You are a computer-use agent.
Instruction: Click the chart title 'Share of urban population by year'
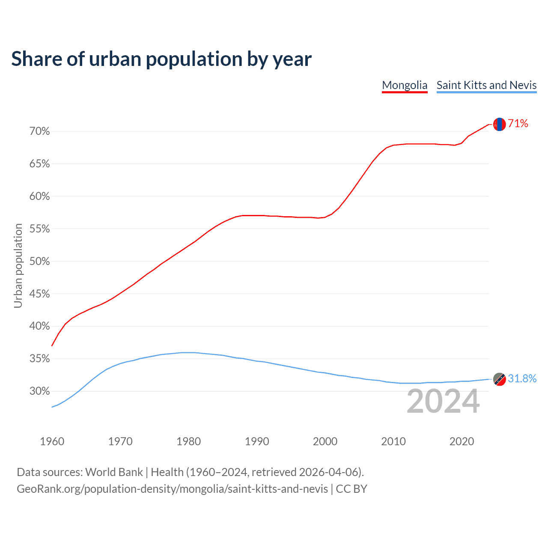tap(161, 59)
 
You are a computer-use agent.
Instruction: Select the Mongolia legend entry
tap(405, 85)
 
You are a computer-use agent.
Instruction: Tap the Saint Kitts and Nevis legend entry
tap(486, 85)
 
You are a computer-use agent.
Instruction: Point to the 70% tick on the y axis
tap(40, 131)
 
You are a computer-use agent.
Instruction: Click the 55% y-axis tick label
tap(40, 229)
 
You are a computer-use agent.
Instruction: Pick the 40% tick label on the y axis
tap(40, 326)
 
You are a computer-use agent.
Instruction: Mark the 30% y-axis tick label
tap(40, 391)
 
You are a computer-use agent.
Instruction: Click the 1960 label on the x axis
tap(52, 441)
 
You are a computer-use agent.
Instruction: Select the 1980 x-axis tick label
tap(188, 441)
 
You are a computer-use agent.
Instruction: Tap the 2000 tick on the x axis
tap(325, 441)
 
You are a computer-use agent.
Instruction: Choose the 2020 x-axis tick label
tap(462, 441)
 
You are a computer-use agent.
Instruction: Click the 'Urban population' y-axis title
tap(18, 265)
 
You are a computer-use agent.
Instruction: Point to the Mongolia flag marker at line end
tap(499, 124)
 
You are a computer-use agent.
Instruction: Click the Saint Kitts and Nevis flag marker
tap(499, 379)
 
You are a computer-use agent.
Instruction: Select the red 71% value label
tap(518, 124)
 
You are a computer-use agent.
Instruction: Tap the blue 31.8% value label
tap(522, 379)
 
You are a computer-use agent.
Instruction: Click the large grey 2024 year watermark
tap(443, 401)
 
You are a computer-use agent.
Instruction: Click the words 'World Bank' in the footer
tap(114, 472)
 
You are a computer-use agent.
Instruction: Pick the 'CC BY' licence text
tap(351, 489)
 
